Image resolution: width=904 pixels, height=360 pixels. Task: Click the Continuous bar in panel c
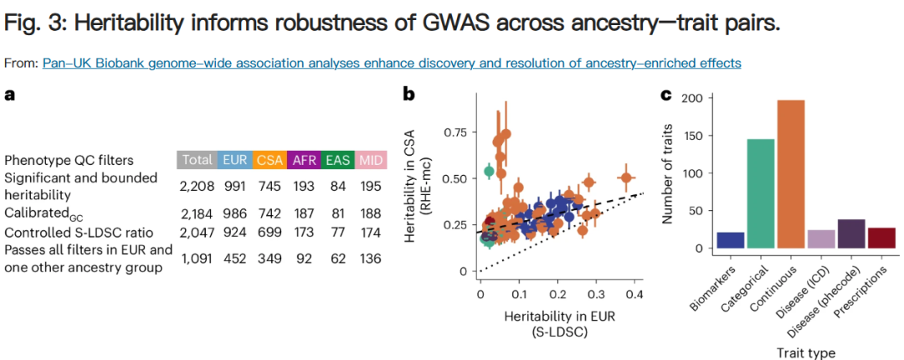click(792, 175)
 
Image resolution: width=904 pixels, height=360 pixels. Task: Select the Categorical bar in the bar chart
click(761, 194)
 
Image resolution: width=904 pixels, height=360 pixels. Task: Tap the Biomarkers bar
click(731, 240)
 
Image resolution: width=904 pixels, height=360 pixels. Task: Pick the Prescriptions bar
click(881, 239)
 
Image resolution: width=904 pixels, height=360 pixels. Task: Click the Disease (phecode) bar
click(851, 234)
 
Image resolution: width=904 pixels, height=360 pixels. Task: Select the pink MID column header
click(369, 160)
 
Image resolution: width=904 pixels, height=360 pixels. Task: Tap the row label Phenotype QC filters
click(69, 160)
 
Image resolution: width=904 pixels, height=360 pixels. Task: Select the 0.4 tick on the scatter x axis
click(633, 296)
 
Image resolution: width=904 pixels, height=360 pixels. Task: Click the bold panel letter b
click(409, 95)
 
